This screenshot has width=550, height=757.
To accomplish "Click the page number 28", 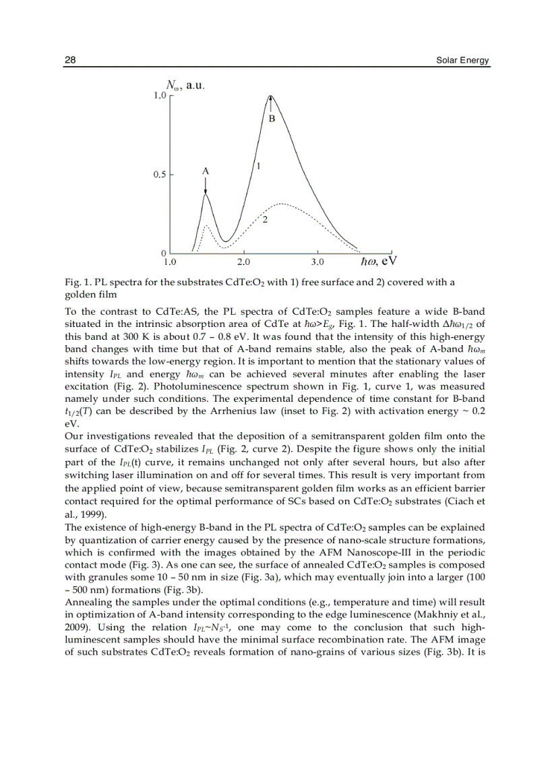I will [x=70, y=60].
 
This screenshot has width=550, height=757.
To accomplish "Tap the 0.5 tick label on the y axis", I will [x=158, y=175].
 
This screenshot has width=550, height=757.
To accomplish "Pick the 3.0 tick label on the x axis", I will [x=317, y=261].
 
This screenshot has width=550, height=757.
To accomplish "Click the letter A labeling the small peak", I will [x=206, y=172].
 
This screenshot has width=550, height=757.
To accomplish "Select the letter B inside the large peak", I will [x=272, y=119].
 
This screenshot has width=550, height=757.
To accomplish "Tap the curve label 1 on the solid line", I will [x=258, y=165].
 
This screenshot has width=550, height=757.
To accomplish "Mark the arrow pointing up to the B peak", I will [x=271, y=103].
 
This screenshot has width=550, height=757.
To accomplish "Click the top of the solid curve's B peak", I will [x=271, y=95].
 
